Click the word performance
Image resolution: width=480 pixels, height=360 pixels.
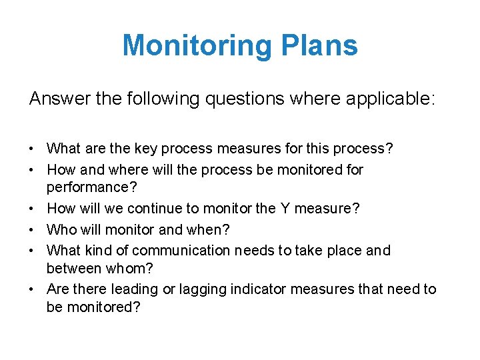click(x=85, y=187)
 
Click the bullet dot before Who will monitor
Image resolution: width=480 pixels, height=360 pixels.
click(x=33, y=230)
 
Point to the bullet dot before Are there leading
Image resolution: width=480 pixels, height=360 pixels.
click(x=33, y=290)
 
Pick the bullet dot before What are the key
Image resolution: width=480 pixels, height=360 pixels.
click(x=33, y=149)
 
